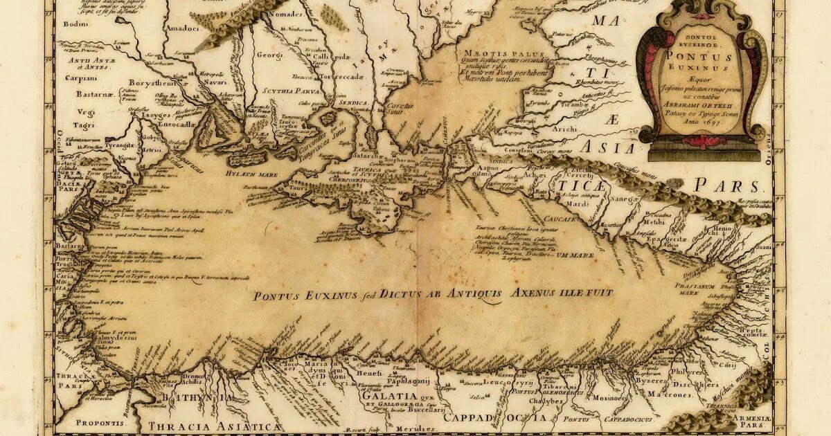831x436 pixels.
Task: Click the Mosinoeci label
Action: click(x=612, y=398)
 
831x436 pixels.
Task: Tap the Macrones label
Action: click(x=670, y=394)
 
